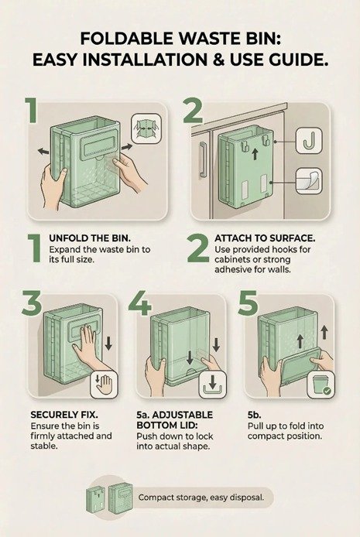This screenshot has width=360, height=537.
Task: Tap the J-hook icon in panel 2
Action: [309, 140]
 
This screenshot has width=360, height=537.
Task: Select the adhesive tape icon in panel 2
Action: [309, 181]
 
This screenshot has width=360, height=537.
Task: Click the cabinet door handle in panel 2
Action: [202, 159]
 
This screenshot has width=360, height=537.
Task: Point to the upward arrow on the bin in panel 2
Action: [255, 154]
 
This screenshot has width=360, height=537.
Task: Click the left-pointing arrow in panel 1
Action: [43, 151]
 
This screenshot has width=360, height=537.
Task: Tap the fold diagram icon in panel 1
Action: [146, 128]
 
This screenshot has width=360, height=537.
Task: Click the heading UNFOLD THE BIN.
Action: [90, 238]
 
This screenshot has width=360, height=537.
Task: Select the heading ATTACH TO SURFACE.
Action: [265, 238]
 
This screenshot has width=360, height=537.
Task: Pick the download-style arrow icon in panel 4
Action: [212, 385]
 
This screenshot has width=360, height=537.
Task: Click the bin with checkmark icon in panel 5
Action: [321, 385]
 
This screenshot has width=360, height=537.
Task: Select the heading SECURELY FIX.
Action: [64, 415]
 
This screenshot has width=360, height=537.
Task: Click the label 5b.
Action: [254, 415]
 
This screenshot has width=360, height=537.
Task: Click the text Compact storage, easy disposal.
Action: [201, 498]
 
